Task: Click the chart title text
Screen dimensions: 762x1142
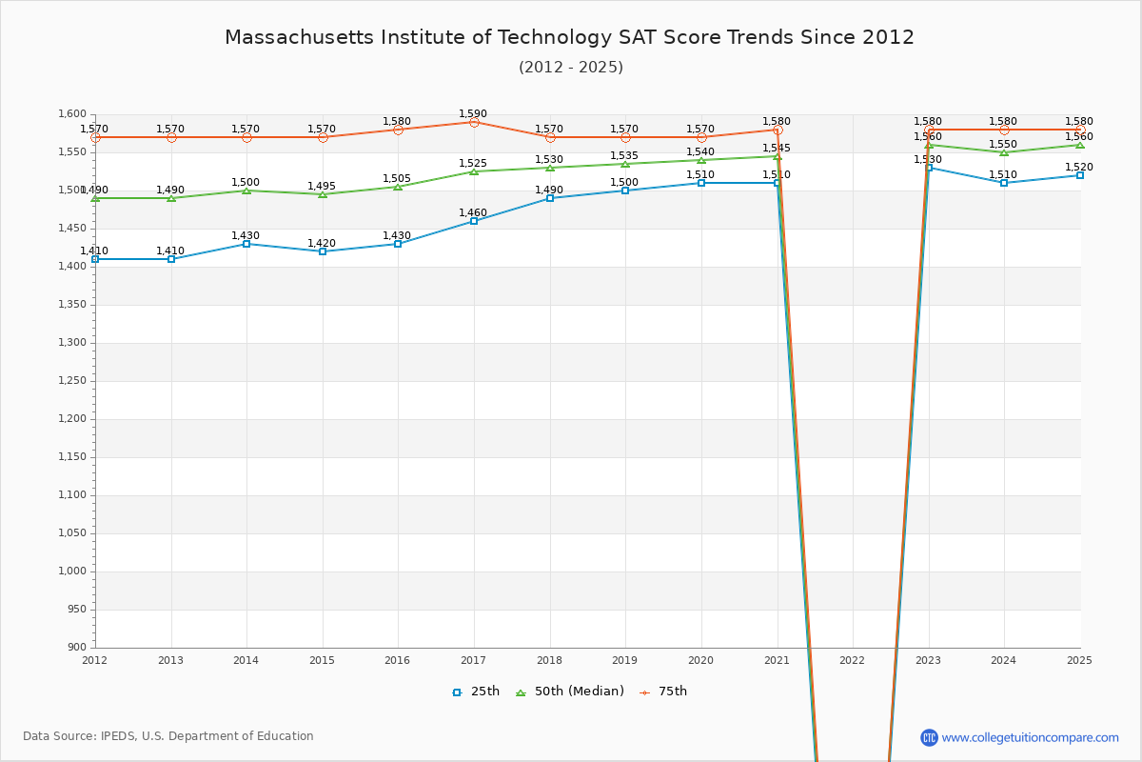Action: tap(569, 37)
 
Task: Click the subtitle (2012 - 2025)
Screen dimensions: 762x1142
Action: tap(571, 67)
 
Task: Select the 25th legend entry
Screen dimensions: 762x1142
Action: tap(476, 692)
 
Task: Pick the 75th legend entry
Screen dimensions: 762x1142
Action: tap(663, 692)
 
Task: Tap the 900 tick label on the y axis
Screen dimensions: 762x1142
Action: tap(78, 648)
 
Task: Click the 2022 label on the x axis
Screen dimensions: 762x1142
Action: tap(853, 659)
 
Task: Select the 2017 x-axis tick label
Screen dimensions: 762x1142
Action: tap(474, 659)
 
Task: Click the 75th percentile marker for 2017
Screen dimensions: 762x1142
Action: tap(474, 122)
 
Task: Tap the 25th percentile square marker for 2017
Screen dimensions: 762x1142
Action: tap(474, 221)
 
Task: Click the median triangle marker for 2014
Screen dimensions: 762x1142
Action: tap(246, 190)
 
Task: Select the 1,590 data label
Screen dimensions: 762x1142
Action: tap(473, 113)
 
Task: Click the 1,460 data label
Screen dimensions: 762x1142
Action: tap(473, 212)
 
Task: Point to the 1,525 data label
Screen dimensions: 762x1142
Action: tap(473, 163)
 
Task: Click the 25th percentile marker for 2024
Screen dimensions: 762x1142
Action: tap(1004, 183)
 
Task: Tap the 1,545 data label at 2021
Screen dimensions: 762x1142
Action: tap(777, 148)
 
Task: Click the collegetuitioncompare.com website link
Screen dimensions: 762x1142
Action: tap(1030, 737)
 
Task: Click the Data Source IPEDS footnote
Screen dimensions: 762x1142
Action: tap(168, 736)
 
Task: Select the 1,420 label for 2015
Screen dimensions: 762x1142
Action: tap(322, 243)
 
